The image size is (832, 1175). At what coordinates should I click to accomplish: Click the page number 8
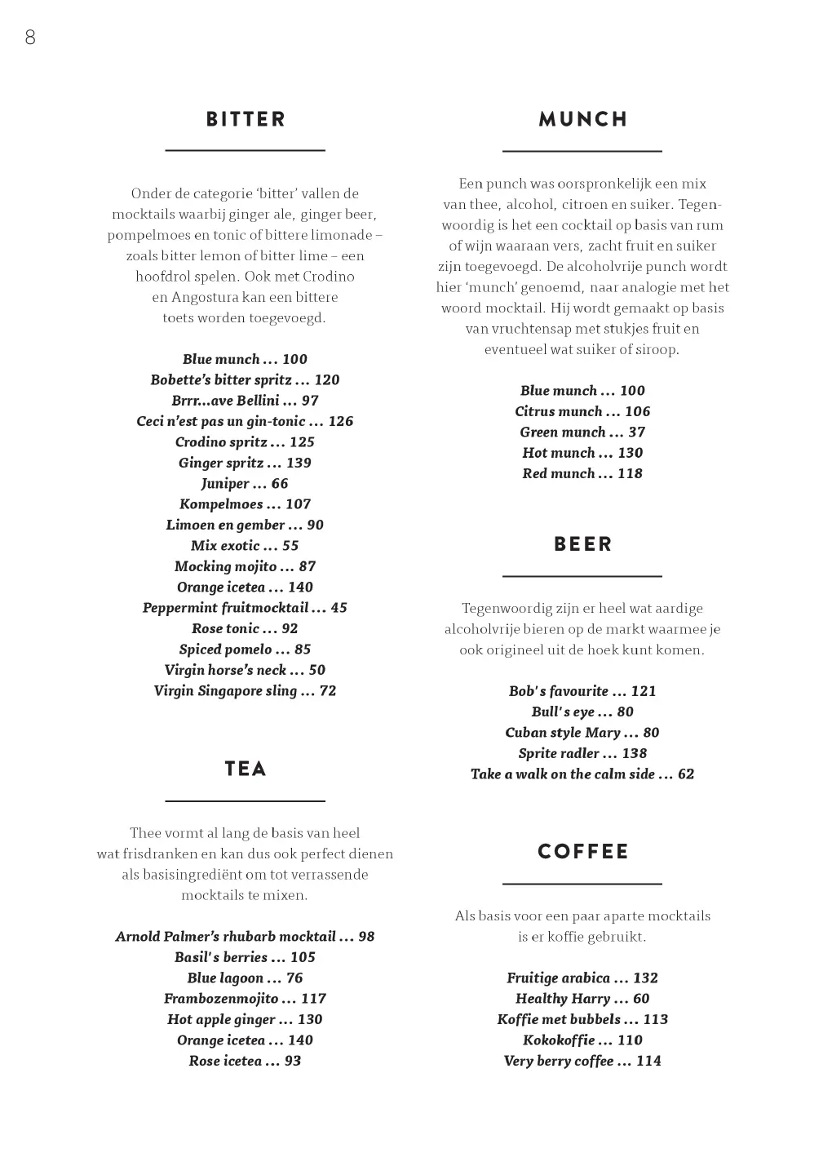30,38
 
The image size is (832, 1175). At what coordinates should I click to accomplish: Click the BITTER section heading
246,119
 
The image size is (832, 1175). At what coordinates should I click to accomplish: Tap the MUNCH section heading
582,119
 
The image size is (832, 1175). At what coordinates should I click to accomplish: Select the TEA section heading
246,769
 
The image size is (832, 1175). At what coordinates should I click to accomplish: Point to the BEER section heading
582,544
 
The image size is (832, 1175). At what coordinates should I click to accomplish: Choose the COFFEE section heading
582,852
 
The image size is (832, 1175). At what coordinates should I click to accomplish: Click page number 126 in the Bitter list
341,421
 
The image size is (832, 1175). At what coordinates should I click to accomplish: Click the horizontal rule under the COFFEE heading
582,884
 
